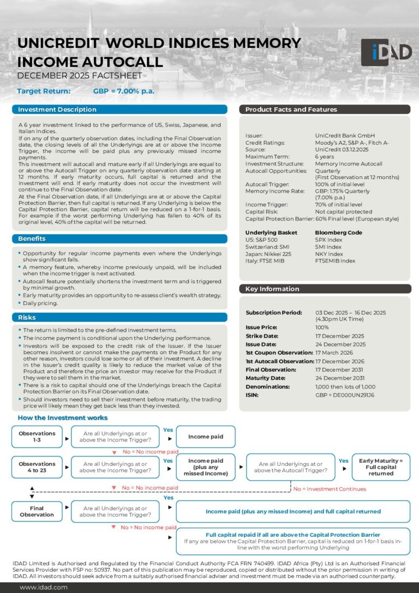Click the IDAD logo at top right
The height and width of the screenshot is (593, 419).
tap(386, 52)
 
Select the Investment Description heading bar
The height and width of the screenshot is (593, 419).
tap(119, 110)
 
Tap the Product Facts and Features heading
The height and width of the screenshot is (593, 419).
tap(324, 110)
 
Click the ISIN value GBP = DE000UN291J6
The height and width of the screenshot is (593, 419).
tap(345, 394)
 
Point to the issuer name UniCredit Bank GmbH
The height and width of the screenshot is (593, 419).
tap(345, 135)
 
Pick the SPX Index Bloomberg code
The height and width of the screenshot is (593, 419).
tap(329, 240)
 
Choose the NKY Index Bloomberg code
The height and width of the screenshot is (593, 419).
tap(329, 254)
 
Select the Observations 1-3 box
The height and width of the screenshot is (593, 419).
tap(37, 437)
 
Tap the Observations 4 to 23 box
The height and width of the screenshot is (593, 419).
tap(37, 467)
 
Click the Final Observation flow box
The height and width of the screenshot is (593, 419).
tap(37, 511)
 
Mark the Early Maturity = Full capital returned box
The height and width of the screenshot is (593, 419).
tap(381, 467)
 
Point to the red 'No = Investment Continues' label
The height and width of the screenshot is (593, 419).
tap(330, 489)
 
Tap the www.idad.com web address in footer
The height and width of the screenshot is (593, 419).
tap(44, 587)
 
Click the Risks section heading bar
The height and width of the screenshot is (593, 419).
tap(119, 318)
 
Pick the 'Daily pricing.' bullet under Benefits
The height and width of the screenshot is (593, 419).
tap(40, 303)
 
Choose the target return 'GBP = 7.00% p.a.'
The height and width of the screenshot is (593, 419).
tap(124, 91)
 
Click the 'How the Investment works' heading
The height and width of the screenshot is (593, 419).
tap(63, 418)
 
